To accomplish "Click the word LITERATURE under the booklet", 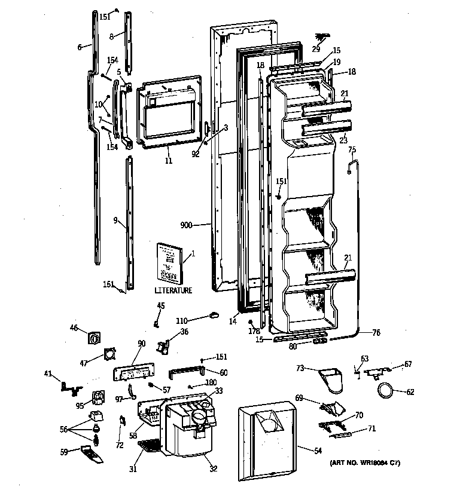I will point(173,290).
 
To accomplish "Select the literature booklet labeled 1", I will point(169,261).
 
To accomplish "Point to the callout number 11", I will point(169,161).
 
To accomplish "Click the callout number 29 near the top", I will point(316,48).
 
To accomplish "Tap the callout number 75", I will point(352,149).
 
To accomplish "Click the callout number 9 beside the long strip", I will point(115,220).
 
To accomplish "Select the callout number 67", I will point(408,364).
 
